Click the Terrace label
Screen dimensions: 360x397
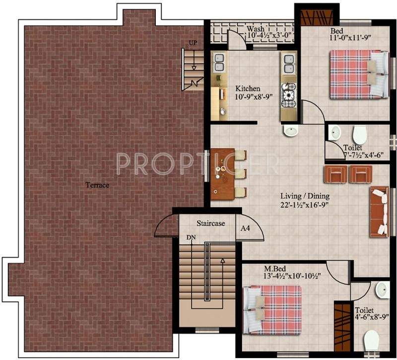pos(97,185)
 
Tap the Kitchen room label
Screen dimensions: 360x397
pos(248,88)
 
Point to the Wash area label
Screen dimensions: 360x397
pos(256,29)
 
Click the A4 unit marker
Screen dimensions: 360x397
pos(245,228)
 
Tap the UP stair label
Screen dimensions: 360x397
pos(193,43)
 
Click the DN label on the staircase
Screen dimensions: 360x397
pos(191,238)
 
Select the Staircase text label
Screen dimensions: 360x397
pos(210,223)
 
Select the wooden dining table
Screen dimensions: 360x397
pos(222,174)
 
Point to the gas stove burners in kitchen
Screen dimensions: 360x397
pos(288,96)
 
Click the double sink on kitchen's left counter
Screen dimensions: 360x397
pos(219,63)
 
